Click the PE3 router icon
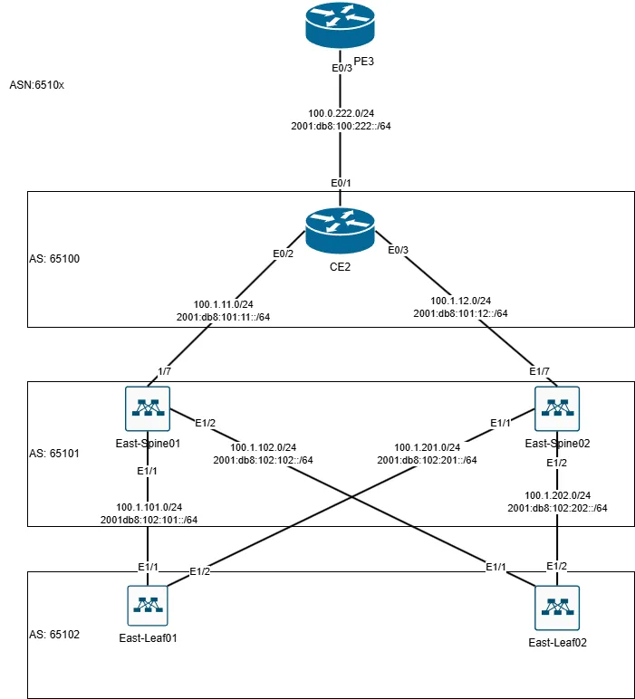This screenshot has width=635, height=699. (340, 26)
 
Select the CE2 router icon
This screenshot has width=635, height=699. (340, 231)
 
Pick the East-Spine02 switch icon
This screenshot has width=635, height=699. (556, 408)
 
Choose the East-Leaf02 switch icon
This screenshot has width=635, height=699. (556, 607)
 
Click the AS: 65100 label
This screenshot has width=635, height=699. (55, 258)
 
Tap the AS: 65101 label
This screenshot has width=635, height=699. (55, 452)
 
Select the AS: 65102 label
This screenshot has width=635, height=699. (55, 634)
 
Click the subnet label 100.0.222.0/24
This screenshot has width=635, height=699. (342, 113)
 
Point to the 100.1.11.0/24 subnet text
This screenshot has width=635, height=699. (224, 304)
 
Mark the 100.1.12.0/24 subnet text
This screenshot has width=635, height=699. (460, 301)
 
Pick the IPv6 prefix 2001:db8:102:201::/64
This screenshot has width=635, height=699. (428, 460)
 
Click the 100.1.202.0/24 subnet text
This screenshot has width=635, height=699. (557, 495)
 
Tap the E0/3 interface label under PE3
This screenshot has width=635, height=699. (342, 68)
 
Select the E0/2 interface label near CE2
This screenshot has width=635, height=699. (284, 254)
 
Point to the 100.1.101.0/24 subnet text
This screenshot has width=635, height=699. (149, 506)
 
